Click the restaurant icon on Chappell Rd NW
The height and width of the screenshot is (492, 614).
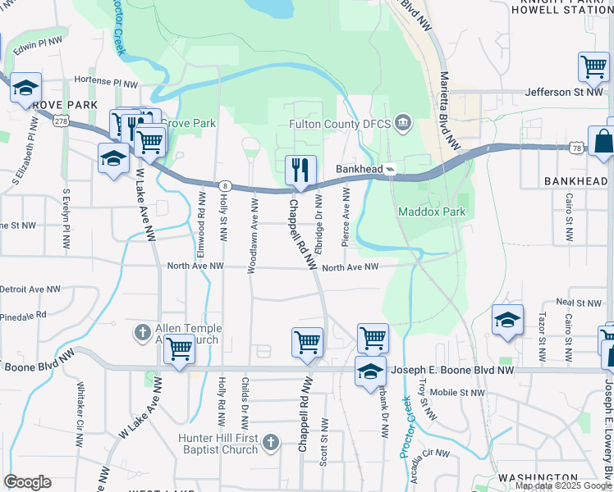tap(300, 171)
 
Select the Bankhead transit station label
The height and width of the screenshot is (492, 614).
tap(360, 170)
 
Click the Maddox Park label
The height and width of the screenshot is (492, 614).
tap(432, 212)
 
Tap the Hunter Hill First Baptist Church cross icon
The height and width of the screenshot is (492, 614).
tap(272, 444)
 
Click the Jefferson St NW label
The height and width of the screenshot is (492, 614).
tap(565, 93)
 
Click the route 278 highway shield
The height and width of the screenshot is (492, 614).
tap(59, 120)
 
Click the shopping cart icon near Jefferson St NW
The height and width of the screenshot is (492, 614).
tap(593, 66)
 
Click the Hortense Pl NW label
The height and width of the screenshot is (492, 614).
tap(107, 84)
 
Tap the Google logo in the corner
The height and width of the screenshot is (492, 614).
tap(27, 482)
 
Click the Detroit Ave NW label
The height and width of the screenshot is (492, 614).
tap(30, 289)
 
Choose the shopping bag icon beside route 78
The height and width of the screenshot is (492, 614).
tap(603, 141)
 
